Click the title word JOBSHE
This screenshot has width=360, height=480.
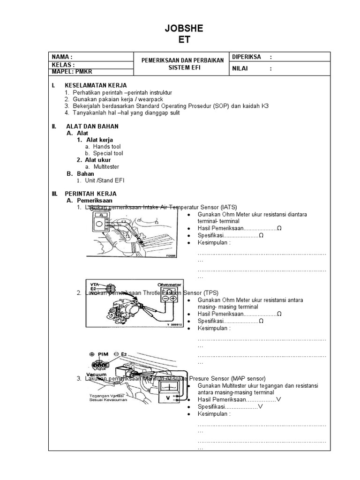point(184,29)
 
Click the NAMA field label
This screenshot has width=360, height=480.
point(62,57)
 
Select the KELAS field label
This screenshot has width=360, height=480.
point(63,64)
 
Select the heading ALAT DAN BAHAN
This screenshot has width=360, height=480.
point(91,127)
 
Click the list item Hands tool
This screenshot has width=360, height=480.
point(107,147)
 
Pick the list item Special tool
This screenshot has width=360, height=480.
point(108,153)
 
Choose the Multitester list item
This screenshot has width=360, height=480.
point(106,166)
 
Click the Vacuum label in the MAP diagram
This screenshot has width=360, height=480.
point(96,375)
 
